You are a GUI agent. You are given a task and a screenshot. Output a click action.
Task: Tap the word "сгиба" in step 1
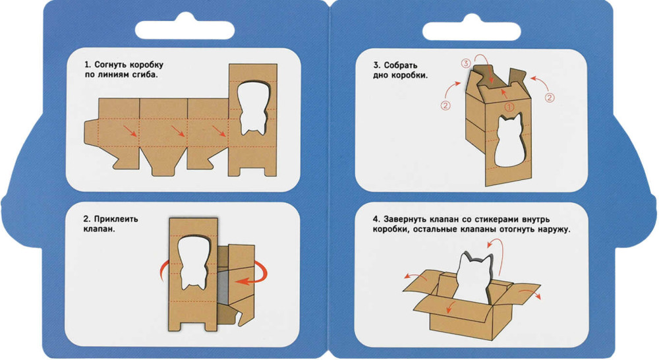(x=146, y=76)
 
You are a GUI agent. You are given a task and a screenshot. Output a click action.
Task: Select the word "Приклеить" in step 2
(x=116, y=219)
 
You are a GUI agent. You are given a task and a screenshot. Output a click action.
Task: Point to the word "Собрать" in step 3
(x=401, y=65)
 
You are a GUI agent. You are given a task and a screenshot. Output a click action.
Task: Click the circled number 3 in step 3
(x=465, y=64)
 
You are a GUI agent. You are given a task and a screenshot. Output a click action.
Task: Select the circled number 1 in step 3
(x=509, y=107)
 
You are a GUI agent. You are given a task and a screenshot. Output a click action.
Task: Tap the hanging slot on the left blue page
(x=185, y=27)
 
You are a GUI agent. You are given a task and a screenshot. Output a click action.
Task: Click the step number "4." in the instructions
(x=376, y=219)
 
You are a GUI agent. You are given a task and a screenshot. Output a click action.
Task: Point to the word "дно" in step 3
(x=380, y=76)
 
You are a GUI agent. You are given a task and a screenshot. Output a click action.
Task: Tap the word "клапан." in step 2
(x=100, y=229)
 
